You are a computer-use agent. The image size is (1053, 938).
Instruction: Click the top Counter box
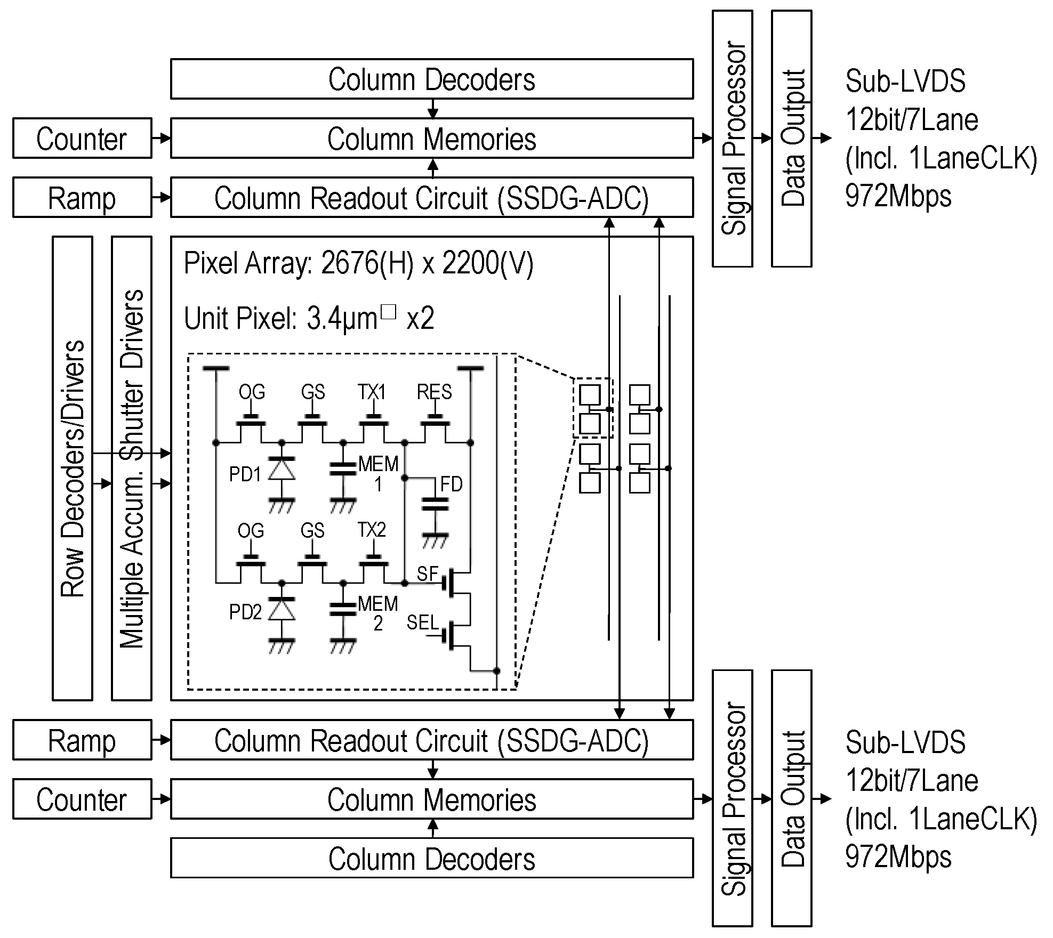[x=82, y=139]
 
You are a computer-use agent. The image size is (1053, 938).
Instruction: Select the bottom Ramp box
[x=82, y=740]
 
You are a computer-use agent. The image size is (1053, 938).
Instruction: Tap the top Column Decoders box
[x=431, y=79]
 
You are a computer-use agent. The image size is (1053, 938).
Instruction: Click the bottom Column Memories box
[x=431, y=799]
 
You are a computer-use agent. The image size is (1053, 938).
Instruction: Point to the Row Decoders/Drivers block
[x=73, y=468]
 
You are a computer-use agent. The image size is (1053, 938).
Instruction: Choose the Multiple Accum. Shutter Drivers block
[x=132, y=468]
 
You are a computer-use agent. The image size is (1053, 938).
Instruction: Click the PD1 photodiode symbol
[x=281, y=470]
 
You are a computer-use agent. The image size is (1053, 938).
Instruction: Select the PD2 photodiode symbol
[x=281, y=609]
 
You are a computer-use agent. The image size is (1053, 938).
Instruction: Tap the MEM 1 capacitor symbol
[x=342, y=468]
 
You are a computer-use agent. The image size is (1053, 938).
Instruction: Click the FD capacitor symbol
[x=435, y=504]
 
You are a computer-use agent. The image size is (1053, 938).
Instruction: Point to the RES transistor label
[x=434, y=392]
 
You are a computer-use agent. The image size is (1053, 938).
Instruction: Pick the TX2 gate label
[x=372, y=530]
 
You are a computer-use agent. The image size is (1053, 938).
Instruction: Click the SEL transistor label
[x=422, y=622]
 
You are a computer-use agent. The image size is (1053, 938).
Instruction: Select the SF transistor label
[x=427, y=573]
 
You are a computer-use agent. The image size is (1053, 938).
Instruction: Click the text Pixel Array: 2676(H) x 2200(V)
[x=358, y=263]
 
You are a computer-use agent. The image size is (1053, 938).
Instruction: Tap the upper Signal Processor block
[x=733, y=139]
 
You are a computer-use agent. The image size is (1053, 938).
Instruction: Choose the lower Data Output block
[x=792, y=798]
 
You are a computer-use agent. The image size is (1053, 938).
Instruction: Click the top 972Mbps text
[x=898, y=197]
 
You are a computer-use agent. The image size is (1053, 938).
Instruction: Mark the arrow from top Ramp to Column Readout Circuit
[x=161, y=198]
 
